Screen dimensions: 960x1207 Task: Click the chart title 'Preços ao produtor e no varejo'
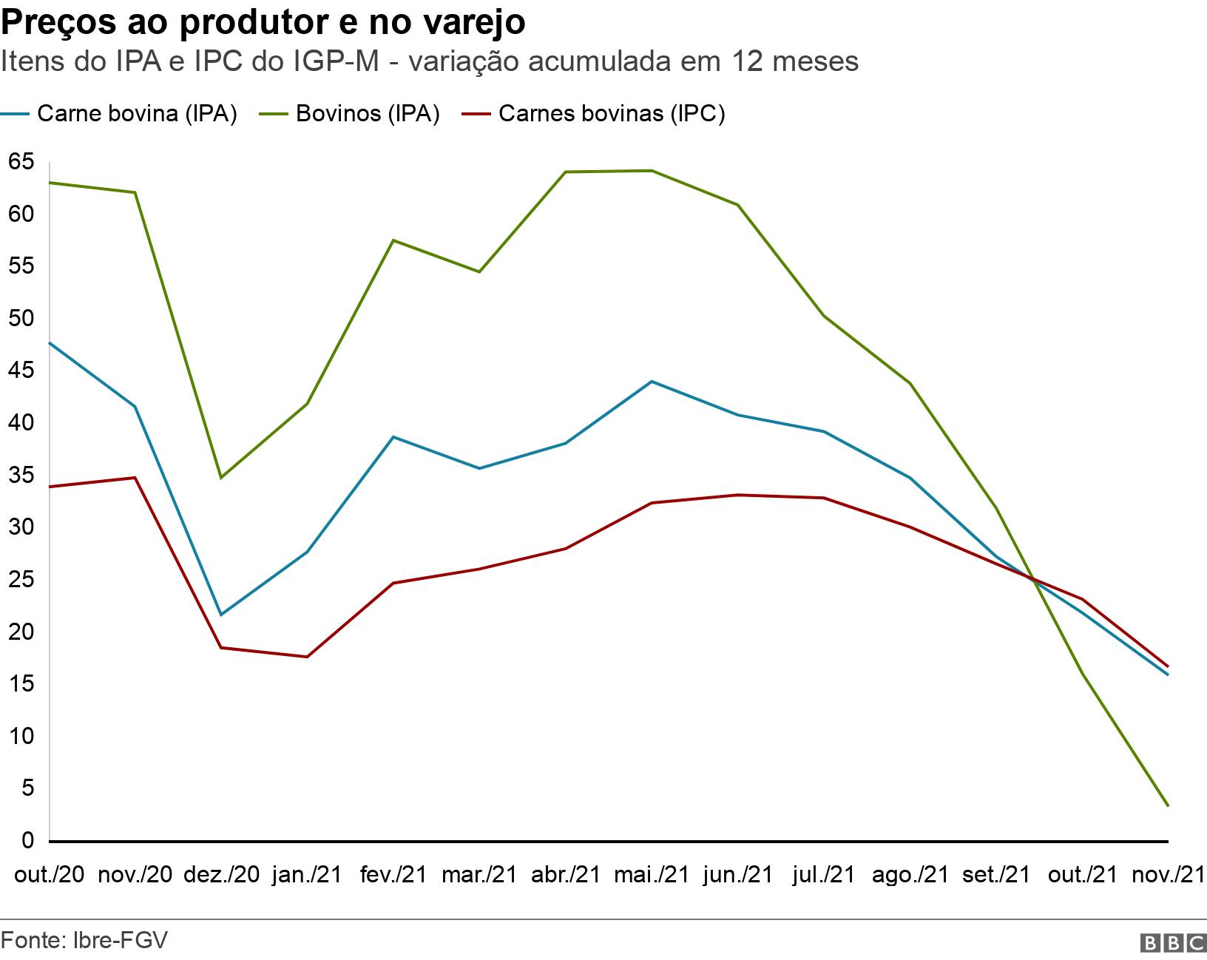(263, 22)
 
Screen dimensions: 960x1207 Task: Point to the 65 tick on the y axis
(21, 161)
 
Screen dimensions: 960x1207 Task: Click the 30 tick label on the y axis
(21, 527)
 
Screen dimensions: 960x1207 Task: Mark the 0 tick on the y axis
(28, 840)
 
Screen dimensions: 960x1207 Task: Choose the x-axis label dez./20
(221, 875)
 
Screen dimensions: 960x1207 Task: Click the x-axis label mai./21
(652, 875)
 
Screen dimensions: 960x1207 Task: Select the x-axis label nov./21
(1169, 875)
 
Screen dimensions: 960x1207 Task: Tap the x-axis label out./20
(49, 875)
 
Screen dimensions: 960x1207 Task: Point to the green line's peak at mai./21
(652, 171)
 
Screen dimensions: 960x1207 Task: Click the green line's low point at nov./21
(1168, 805)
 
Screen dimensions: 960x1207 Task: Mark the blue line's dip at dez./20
(220, 615)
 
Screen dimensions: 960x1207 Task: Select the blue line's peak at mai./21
(652, 382)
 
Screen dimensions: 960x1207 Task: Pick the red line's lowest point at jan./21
(306, 657)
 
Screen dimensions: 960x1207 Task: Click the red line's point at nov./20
(135, 478)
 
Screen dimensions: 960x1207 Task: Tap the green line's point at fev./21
(393, 240)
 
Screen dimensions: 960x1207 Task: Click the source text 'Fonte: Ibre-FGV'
(84, 940)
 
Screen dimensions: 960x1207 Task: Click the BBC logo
(1173, 942)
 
